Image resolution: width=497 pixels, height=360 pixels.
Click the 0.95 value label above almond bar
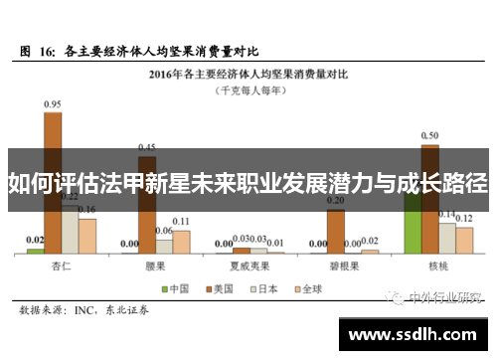tap(52, 102)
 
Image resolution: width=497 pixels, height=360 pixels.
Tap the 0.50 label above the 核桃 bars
tap(429, 135)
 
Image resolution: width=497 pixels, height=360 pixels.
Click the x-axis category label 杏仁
tap(62, 267)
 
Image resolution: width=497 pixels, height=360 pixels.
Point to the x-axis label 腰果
tap(154, 267)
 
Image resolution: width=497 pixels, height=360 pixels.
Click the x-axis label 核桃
tap(438, 267)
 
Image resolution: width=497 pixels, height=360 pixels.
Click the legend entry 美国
tap(216, 289)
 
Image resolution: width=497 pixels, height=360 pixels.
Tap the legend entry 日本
tap(258, 289)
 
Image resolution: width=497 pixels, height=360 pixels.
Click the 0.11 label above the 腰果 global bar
tap(181, 221)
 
